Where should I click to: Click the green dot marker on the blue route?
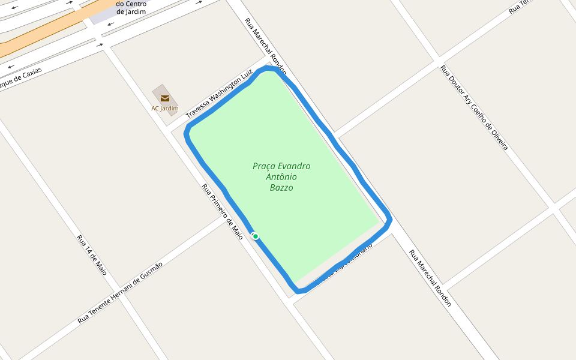(x=256, y=236)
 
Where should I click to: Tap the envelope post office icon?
(x=165, y=98)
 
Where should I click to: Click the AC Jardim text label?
(x=165, y=109)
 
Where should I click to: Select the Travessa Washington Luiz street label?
(x=219, y=94)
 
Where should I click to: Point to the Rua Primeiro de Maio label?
(x=223, y=211)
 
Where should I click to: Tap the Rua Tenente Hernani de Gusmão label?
(x=120, y=293)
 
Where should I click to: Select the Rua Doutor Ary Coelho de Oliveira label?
(x=475, y=108)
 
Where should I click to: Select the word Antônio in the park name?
(x=281, y=177)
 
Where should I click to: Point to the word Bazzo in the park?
(x=281, y=188)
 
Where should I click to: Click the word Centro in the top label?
(x=136, y=4)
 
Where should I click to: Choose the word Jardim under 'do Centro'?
(x=131, y=11)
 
